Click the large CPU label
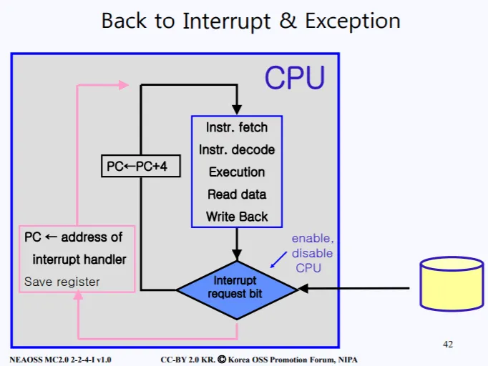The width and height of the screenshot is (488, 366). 295,78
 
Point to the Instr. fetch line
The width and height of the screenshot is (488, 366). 237,128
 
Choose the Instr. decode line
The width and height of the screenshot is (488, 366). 237,150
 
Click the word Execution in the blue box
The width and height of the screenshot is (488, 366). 237,172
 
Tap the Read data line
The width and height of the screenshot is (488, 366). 237,194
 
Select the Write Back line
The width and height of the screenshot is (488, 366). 237,217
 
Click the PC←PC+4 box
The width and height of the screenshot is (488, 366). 139,167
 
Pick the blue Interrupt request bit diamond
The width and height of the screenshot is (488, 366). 236,288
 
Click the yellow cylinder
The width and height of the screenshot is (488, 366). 451,284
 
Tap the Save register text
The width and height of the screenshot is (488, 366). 62,282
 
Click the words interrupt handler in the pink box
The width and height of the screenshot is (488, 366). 79,259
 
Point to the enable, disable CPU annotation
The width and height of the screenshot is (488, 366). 312,253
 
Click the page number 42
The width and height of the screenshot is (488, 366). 448,345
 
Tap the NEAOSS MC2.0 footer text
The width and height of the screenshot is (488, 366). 60,359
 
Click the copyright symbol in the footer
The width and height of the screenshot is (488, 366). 222,359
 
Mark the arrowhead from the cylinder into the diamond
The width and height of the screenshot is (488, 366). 301,289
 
